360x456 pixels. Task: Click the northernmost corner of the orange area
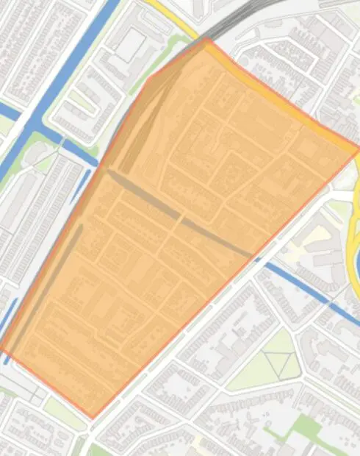(x=208, y=39)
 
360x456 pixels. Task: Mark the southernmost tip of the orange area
(x=92, y=418)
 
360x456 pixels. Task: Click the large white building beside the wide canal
(x=132, y=45)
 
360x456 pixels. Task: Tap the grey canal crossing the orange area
(x=180, y=215)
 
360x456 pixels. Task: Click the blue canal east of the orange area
(x=301, y=283)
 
